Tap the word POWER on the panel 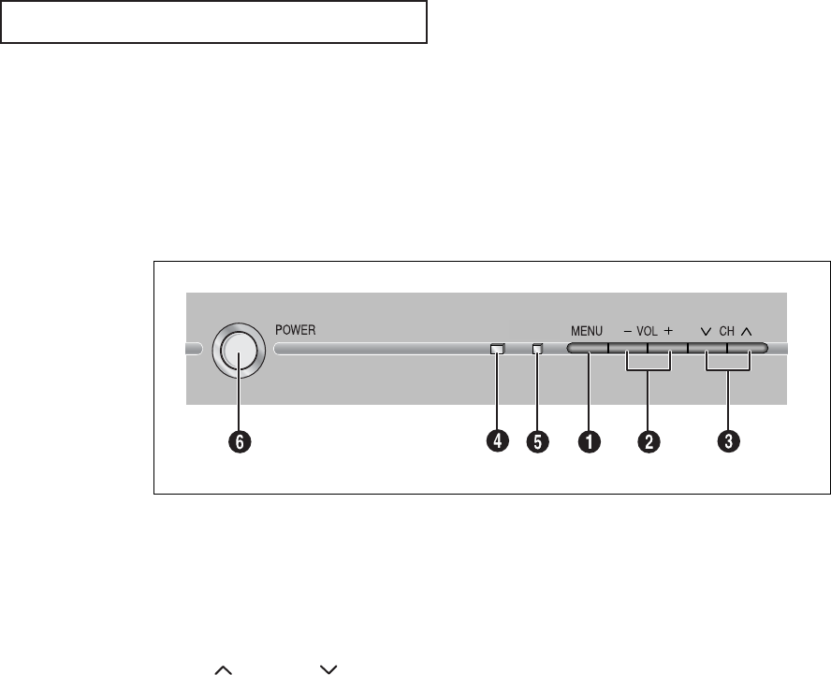[297, 330]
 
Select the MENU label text [588, 331]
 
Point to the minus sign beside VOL [627, 331]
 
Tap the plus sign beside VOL [668, 331]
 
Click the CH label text [727, 331]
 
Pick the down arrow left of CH [706, 331]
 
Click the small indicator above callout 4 [497, 351]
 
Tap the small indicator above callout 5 [537, 351]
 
